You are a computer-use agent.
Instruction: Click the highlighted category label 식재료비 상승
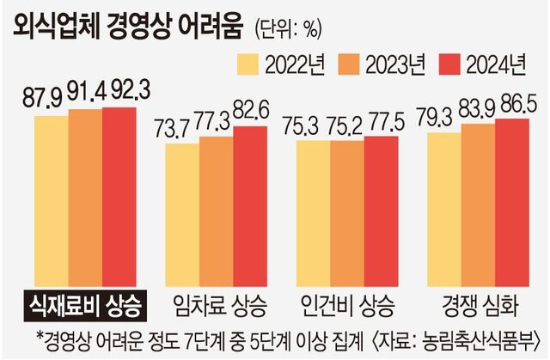point(83,304)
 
